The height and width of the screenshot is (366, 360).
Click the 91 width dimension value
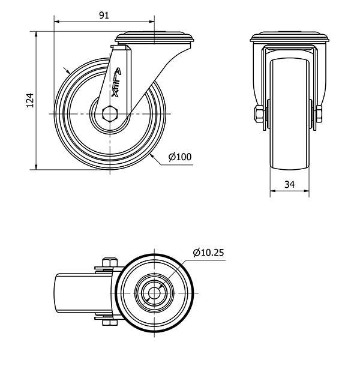click(103, 16)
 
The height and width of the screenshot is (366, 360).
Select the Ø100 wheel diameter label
click(180, 157)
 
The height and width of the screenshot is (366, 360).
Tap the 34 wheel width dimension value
click(290, 185)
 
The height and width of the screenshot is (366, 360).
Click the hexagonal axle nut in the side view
click(109, 113)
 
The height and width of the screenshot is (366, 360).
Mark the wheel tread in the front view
click(290, 120)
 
